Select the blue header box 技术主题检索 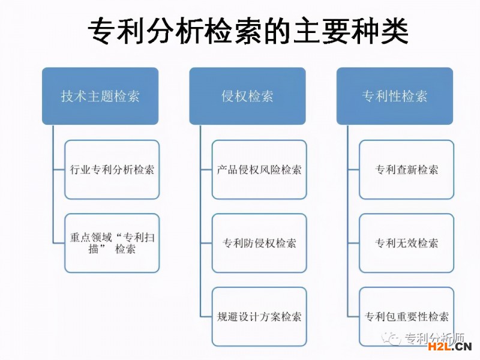pyautogui.click(x=100, y=96)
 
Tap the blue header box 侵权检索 pyautogui.click(x=247, y=96)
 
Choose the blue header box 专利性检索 pyautogui.click(x=395, y=96)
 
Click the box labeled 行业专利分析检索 pyautogui.click(x=112, y=170)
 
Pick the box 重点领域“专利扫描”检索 pyautogui.click(x=112, y=243)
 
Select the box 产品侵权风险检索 pyautogui.click(x=259, y=170)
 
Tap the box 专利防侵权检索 pyautogui.click(x=259, y=243)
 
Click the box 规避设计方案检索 pyautogui.click(x=259, y=317)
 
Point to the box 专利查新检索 pyautogui.click(x=407, y=170)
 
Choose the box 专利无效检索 pyautogui.click(x=407, y=243)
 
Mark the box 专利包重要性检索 pyautogui.click(x=407, y=317)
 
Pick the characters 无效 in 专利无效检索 pyautogui.click(x=407, y=243)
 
